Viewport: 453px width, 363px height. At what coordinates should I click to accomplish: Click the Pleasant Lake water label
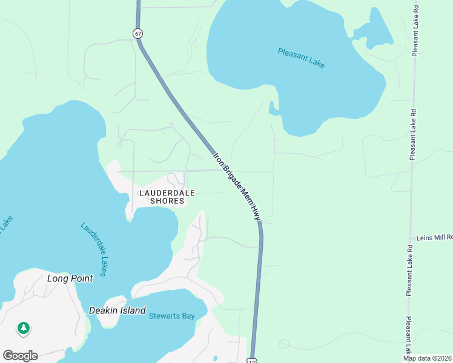click(x=302, y=57)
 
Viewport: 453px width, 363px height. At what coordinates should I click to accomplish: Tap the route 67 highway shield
click(x=139, y=34)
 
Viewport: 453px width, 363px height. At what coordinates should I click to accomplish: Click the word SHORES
click(x=167, y=201)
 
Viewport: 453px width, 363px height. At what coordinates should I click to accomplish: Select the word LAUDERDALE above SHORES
click(x=167, y=193)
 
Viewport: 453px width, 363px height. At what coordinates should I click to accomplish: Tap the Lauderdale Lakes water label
click(x=94, y=249)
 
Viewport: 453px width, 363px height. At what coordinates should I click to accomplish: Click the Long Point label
click(x=70, y=278)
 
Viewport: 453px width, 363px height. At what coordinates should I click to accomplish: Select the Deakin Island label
click(x=117, y=310)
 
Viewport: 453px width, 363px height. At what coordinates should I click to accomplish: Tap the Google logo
click(x=20, y=356)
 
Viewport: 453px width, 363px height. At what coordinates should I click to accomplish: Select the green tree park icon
click(x=24, y=328)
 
